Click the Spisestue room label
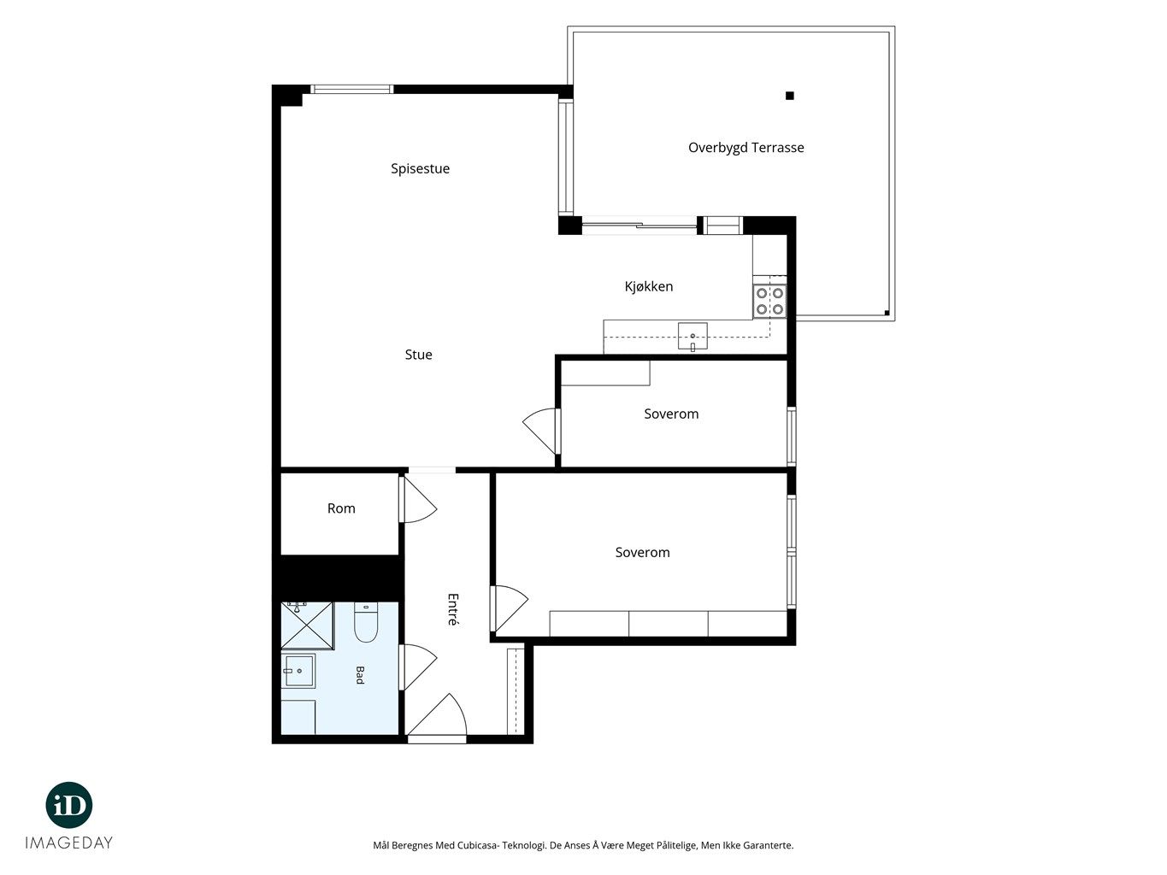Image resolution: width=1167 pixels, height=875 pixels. pos(420,169)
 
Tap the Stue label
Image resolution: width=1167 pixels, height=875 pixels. pos(418,355)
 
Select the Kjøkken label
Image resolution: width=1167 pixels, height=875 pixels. pos(649,287)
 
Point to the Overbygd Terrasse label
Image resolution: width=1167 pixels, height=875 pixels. pos(746,148)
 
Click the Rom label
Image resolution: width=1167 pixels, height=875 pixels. pos(341,508)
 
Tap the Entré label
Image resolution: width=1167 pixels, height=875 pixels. pos(452,609)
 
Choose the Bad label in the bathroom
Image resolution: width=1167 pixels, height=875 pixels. pos(360,675)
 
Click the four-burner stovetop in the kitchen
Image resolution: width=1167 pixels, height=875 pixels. pos(769,302)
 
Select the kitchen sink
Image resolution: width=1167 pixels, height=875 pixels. pos(693,337)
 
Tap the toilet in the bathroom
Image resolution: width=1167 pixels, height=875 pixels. pos(366,623)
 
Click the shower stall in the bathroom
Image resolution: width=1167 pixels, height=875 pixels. pos(307,625)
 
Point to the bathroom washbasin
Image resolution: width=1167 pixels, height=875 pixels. pos(298,671)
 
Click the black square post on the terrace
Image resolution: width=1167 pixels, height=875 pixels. pos(789,96)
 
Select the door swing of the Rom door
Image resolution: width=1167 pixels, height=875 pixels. pos(418,499)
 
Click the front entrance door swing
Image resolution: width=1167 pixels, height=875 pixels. pos(437,715)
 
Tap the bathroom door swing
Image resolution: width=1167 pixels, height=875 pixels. pos(418,667)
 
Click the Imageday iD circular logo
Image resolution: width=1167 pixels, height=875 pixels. pos(69,805)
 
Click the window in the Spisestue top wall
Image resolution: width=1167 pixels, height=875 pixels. pos(352,89)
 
